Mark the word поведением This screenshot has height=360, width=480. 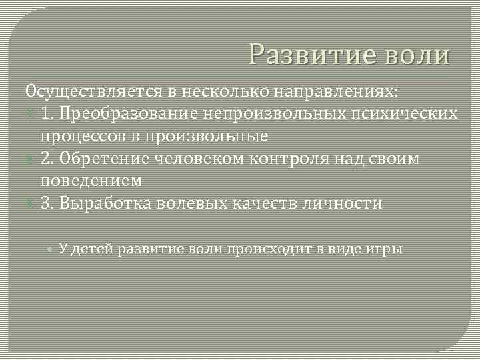tap(91, 181)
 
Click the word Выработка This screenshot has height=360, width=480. tap(106, 203)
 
